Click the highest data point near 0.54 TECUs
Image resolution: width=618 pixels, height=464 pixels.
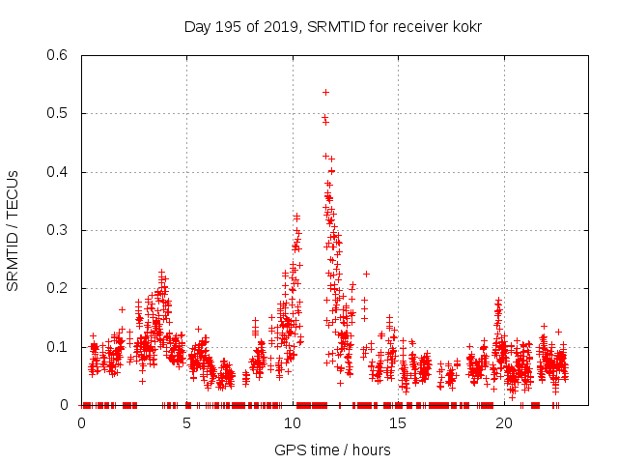coord(325,92)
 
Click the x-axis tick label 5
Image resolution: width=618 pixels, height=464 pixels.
coord(187,423)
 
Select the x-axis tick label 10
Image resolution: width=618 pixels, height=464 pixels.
coord(293,423)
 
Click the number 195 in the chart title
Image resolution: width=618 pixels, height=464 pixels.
coord(226,26)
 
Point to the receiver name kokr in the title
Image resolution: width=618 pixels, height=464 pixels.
coord(465,26)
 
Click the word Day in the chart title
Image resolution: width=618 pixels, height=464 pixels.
coord(196,26)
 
